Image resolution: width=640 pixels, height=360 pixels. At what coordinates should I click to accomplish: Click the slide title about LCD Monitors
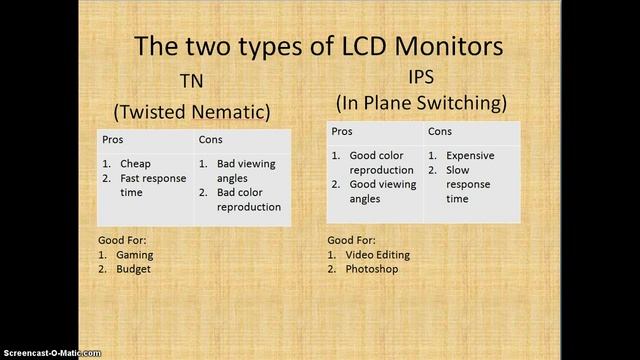320,45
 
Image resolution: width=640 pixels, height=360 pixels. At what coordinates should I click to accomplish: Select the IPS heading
422,76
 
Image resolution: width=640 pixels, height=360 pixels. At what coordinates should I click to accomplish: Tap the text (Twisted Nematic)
192,110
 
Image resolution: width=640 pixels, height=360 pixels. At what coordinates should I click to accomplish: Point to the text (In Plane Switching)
422,102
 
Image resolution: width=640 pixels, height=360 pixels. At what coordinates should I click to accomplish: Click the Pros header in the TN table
112,140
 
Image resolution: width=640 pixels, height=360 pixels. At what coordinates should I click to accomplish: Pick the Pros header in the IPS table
342,132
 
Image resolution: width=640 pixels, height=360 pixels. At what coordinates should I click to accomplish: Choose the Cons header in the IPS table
440,132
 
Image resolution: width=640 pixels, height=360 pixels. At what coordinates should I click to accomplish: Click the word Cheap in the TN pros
135,164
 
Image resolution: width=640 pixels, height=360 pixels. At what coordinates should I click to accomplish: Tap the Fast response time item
152,185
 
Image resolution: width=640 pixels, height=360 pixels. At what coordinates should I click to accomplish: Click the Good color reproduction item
381,163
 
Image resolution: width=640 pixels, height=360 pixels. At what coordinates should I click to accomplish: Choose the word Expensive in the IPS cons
470,156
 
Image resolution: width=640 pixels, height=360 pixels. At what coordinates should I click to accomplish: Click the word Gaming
135,255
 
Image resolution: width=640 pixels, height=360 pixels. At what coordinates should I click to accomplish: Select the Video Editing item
378,255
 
